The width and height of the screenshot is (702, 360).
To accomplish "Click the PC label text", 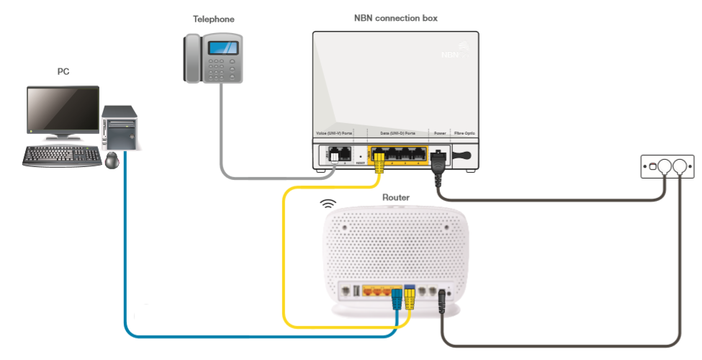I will [63, 72].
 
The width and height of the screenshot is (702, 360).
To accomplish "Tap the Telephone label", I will [213, 19].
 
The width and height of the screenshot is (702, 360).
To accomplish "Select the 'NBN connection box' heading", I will [395, 18].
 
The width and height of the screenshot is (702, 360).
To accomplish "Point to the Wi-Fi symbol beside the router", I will [328, 204].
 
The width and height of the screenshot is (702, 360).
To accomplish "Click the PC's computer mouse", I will [112, 160].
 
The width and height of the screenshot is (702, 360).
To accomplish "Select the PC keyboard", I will [62, 156].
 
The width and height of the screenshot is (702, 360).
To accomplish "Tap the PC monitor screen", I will [63, 109].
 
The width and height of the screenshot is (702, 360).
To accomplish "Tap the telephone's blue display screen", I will [223, 48].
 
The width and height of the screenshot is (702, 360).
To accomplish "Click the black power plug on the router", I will [442, 308].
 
